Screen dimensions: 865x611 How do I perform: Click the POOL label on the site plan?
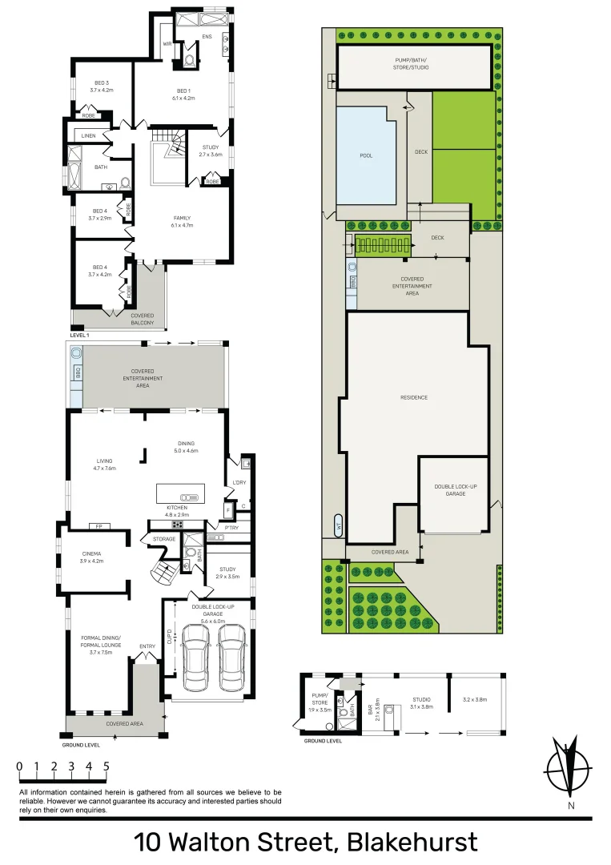tap(367, 156)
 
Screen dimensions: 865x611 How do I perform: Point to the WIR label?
tap(167, 44)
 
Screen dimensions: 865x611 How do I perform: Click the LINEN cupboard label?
tap(88, 136)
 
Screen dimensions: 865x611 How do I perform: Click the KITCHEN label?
tap(177, 508)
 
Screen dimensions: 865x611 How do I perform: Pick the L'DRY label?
tap(238, 481)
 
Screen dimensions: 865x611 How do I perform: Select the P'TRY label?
tap(231, 528)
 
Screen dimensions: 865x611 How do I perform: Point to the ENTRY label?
tap(147, 646)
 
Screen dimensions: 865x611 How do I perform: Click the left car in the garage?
tap(195, 657)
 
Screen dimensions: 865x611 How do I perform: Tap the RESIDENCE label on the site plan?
tap(414, 397)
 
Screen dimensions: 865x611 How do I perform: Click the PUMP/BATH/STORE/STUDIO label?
tap(412, 64)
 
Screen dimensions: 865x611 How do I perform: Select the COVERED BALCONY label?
tap(143, 320)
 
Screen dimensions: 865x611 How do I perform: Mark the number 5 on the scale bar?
tap(106, 766)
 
